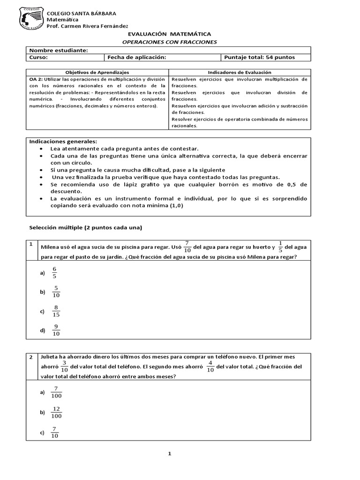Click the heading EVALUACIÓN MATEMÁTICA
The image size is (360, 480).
tap(169, 34)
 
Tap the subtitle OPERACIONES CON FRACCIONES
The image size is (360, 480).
tap(169, 42)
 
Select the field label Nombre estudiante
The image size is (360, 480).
tap(59, 50)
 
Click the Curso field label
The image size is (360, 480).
tap(38, 58)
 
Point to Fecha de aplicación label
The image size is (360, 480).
tap(137, 58)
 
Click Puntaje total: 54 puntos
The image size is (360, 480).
tap(260, 58)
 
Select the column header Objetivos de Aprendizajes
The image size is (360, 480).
tap(97, 73)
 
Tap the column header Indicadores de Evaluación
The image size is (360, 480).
tap(240, 73)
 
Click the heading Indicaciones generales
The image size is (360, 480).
tap(63, 141)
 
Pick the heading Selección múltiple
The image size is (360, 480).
tap(85, 228)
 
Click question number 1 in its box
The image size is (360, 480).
tap(31, 244)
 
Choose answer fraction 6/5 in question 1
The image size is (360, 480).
tap(54, 273)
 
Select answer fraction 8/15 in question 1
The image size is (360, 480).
tap(56, 311)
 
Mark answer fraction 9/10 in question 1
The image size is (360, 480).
tap(56, 330)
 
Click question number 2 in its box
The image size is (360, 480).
tap(31, 357)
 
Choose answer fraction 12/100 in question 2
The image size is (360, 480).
tap(57, 412)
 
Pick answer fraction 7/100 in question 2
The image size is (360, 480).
tap(56, 392)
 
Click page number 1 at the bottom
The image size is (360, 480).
tap(170, 454)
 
